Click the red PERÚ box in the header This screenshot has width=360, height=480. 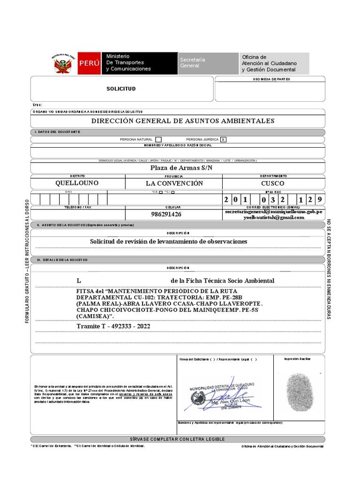89,63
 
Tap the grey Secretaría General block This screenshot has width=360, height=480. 208,63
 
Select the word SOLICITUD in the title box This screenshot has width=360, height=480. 121,89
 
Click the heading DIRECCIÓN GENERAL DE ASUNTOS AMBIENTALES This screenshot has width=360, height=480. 183,121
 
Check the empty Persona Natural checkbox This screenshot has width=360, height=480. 158,139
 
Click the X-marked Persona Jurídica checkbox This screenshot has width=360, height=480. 223,139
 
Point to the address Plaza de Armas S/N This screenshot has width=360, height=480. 181,167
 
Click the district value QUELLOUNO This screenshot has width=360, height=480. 77,183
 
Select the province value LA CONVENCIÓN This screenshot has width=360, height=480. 174,183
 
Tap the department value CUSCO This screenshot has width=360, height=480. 273,183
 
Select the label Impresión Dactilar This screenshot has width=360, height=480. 297,359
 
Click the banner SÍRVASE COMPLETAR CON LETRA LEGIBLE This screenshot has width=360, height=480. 178,439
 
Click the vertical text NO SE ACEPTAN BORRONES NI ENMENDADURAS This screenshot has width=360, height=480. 329,270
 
